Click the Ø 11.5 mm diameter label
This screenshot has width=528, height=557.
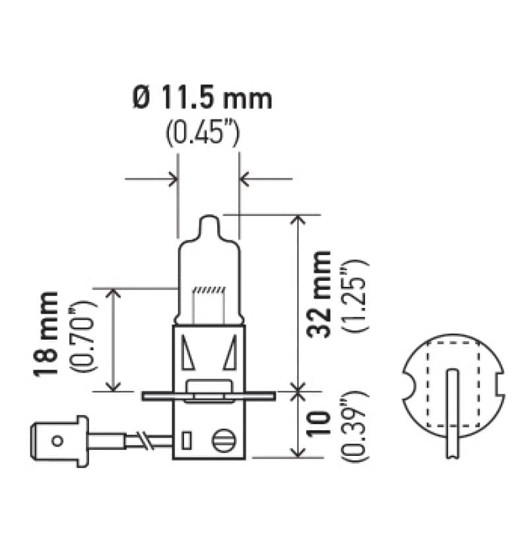(x=202, y=99)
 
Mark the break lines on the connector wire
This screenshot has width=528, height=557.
(x=143, y=439)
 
